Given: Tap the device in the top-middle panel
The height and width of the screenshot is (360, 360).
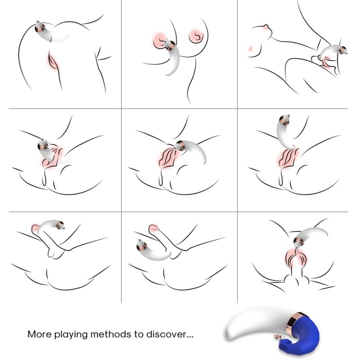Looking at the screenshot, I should click(x=172, y=58).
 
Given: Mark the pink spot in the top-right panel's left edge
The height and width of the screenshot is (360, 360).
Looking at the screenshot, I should click(x=250, y=48).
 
